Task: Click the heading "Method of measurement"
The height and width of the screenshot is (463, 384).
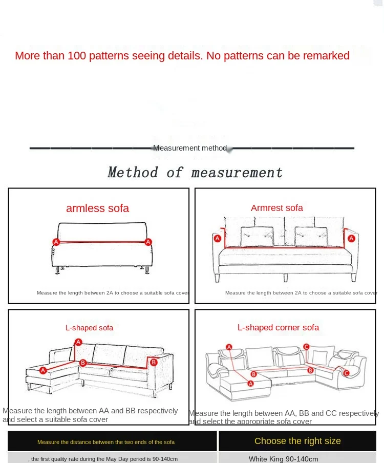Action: tap(195, 173)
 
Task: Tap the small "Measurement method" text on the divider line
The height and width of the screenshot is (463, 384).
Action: tap(189, 148)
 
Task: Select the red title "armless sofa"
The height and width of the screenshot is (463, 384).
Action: tap(97, 208)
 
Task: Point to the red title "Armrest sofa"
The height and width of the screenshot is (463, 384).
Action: tap(276, 208)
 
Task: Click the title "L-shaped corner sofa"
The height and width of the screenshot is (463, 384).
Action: tap(278, 327)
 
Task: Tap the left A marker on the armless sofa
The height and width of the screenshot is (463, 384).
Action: tap(56, 242)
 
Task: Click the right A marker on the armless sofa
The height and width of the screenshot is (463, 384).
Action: tap(148, 242)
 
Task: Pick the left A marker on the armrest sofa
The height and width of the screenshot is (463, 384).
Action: tap(217, 239)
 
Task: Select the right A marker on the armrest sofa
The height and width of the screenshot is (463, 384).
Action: tap(351, 238)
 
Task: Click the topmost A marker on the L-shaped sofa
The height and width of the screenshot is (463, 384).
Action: tap(78, 342)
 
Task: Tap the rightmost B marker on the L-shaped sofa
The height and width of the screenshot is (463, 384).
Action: tap(153, 362)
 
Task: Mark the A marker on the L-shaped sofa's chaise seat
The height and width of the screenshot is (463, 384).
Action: tap(43, 370)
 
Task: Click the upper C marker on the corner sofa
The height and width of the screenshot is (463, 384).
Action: tap(306, 347)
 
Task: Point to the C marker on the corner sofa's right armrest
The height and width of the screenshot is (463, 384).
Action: tap(346, 373)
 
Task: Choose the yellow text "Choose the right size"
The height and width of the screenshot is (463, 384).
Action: tap(297, 441)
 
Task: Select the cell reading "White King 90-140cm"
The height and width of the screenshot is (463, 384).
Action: tap(284, 458)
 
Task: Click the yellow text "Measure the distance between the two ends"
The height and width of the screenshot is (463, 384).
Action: tap(105, 441)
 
